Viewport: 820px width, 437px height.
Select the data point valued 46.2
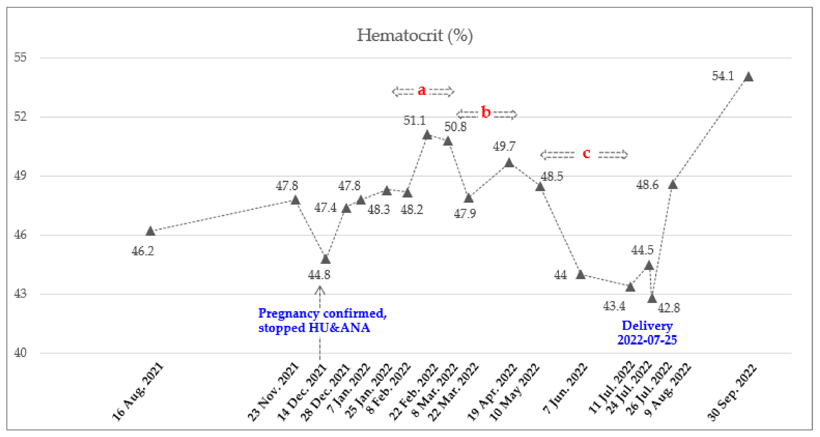150,231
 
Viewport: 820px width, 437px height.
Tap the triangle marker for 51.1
427,135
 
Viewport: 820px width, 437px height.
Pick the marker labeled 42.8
652,298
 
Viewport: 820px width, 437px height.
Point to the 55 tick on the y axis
20,58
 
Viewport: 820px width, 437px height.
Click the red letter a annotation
421,90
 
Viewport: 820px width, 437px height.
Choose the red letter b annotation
486,112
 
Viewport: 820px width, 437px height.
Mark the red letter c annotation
586,153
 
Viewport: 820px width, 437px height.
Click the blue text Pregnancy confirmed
322,313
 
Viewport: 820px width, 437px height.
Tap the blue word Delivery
647,326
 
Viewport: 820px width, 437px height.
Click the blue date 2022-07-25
647,340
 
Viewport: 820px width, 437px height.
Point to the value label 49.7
504,146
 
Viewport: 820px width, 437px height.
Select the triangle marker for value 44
580,274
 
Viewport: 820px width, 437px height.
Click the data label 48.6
647,185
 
